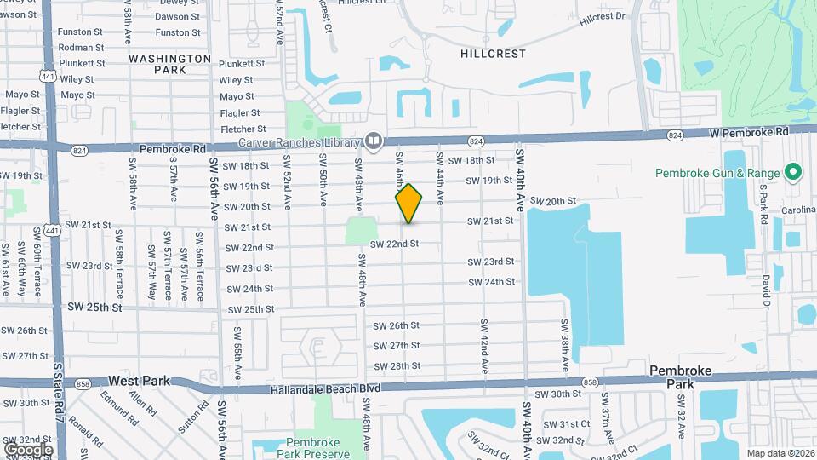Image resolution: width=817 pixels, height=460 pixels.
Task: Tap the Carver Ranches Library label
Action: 300,141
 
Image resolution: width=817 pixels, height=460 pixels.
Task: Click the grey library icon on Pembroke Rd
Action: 374,141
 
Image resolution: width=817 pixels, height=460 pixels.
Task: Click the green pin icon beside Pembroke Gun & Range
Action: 793,173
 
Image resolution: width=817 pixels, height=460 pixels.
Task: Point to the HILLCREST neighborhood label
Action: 493,54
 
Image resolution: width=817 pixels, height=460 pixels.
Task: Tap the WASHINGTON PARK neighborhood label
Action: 169,64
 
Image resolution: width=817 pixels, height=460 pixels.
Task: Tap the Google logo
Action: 28,449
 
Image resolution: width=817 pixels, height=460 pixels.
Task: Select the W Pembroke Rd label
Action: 749,133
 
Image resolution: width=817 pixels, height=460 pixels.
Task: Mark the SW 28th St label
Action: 396,365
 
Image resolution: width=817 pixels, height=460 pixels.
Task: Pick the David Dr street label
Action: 766,290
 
